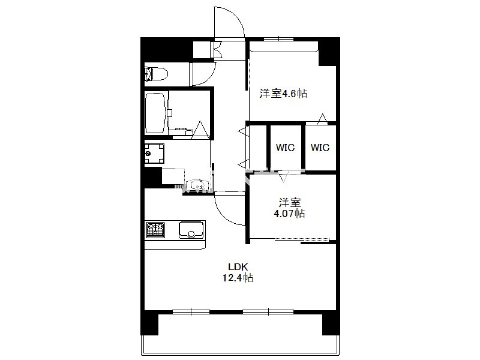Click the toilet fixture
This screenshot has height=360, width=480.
coord(156,74)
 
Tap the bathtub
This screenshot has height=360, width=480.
coord(156,113)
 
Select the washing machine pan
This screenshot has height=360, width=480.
coord(155,154)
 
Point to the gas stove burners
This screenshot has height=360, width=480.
coord(155,230)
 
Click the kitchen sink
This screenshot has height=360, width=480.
coord(191,230)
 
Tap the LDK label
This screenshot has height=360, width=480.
coord(238,266)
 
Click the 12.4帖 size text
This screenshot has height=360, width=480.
coord(238,278)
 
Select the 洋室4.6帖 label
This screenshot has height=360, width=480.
coord(283,93)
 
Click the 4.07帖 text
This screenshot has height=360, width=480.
coord(289,213)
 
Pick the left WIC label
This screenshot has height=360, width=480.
coord(286,148)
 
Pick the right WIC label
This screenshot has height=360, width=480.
coord(320,148)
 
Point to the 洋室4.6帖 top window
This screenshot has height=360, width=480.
coord(279,39)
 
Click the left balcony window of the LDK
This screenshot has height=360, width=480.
coord(191,312)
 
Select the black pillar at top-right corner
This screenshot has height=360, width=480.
coord(329,51)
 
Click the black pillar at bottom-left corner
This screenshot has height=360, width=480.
coord(149,323)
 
